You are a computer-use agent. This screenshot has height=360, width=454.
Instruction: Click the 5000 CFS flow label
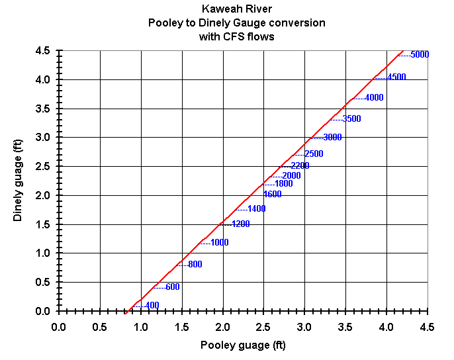[x=420, y=54]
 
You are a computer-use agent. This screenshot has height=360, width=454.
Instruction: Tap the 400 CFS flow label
[x=152, y=305]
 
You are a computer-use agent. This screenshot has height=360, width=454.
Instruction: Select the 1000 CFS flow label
[x=219, y=243]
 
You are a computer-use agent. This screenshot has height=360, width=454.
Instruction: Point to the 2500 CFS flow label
[x=314, y=154]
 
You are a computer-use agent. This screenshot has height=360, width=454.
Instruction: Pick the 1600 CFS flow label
[x=272, y=195]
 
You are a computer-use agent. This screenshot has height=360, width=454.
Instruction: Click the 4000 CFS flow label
[x=374, y=98]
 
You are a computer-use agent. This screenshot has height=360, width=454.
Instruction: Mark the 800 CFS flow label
[x=195, y=265]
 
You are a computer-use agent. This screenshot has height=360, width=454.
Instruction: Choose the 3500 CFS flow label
[x=352, y=119]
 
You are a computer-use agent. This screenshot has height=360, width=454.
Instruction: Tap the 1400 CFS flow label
[x=256, y=209]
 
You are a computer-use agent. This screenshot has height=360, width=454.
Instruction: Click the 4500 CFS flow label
[x=396, y=77]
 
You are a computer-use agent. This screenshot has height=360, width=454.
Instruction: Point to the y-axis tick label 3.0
[x=43, y=138]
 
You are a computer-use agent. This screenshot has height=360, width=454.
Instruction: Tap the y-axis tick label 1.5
[x=43, y=224]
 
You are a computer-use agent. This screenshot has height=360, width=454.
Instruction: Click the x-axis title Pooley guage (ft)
[x=243, y=345]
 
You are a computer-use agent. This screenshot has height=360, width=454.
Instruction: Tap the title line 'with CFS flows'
[x=237, y=37]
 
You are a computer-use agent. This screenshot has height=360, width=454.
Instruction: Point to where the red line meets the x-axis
[x=124, y=311]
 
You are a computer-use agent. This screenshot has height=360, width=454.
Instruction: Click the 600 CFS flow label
[x=172, y=287]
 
